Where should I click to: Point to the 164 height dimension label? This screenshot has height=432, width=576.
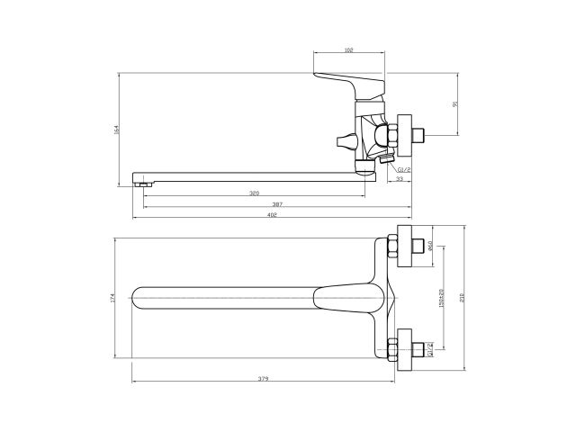117,130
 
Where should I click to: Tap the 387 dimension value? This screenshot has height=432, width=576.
278,205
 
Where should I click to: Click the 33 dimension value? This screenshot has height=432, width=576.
399,179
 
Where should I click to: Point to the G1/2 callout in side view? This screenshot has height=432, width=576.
403,167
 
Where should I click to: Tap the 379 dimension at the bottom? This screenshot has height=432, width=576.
263,379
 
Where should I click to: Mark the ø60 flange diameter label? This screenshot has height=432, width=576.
432,245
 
